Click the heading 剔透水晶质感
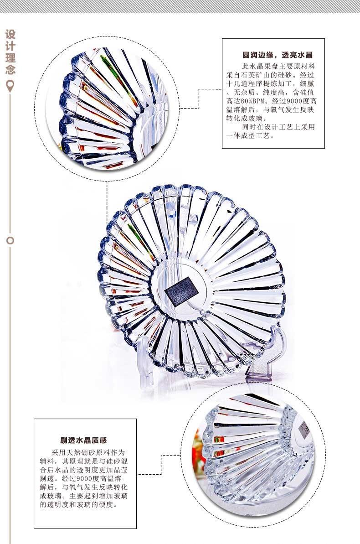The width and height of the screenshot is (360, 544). tap(83, 440)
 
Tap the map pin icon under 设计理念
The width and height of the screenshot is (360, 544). tap(10, 85)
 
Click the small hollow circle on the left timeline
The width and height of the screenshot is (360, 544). tap(10, 240)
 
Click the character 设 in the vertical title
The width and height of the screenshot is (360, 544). tap(10, 35)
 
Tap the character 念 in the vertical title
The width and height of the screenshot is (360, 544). tap(10, 70)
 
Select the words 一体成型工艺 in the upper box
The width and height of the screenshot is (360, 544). tap(252, 136)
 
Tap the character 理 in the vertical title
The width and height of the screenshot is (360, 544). tap(10, 58)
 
